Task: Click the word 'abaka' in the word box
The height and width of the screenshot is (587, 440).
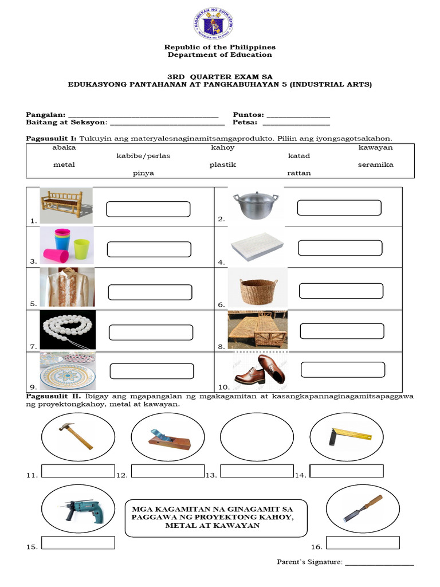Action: (64, 147)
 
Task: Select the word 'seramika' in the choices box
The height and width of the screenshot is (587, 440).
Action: (375, 165)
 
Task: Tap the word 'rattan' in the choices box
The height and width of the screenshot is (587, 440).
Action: (298, 173)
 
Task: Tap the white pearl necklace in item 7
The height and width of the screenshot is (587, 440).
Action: (67, 331)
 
